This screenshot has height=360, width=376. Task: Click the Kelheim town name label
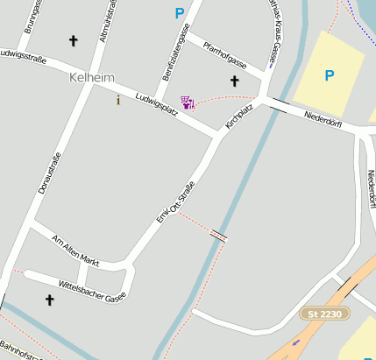tap(91, 79)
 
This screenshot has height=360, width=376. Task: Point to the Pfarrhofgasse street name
tap(225, 56)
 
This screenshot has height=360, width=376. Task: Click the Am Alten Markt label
tap(76, 251)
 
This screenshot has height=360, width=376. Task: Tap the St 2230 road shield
tap(325, 313)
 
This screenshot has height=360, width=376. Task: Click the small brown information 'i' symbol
tap(118, 101)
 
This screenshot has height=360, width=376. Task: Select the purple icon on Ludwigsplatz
tap(187, 102)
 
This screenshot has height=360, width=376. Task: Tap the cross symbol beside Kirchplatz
tap(234, 81)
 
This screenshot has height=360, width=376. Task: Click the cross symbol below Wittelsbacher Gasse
tap(49, 300)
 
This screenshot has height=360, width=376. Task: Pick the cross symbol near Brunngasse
tap(73, 40)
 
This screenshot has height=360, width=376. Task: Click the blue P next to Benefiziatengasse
tap(180, 13)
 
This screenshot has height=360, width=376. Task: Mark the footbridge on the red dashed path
tap(219, 235)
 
